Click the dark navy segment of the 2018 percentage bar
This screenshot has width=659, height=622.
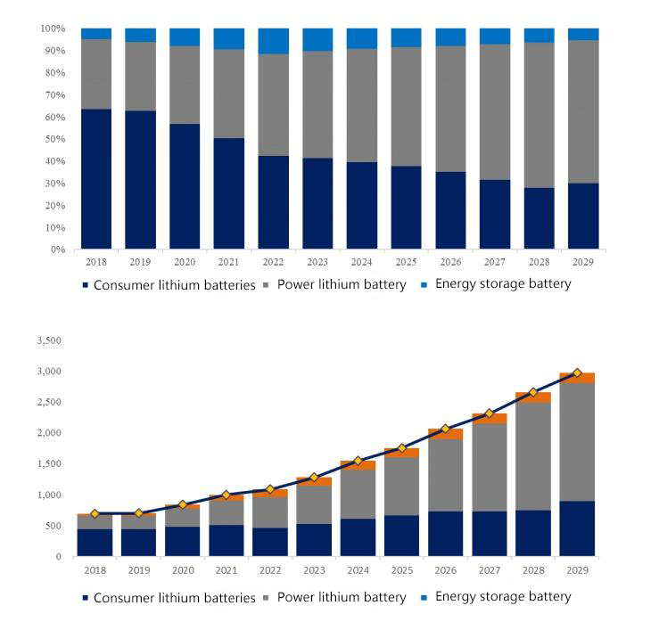(96, 178)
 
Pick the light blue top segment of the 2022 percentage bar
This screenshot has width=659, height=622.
(274, 41)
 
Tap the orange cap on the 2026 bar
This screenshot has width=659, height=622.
(446, 434)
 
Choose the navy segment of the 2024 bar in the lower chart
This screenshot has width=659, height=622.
(358, 537)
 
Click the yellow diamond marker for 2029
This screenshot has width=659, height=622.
(577, 372)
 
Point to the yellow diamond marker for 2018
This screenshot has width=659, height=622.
(95, 513)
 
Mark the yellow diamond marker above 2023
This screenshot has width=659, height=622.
(314, 478)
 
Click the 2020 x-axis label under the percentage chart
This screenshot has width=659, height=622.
(185, 263)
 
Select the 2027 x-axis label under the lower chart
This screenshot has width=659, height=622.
(490, 569)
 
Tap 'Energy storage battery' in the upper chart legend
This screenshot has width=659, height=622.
(503, 284)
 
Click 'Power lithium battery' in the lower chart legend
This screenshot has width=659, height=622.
(342, 597)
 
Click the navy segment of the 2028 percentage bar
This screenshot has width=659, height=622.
(539, 218)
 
